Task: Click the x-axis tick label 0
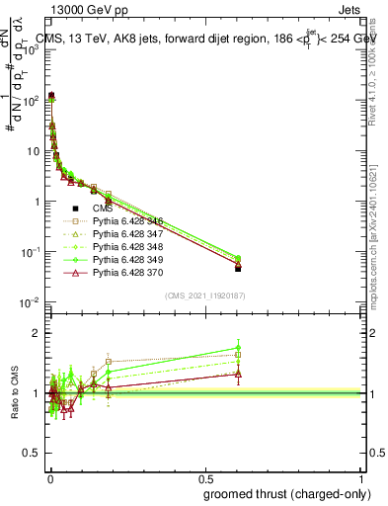tap(50, 477)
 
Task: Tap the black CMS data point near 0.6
tap(238, 268)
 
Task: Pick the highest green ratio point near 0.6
tap(238, 348)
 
